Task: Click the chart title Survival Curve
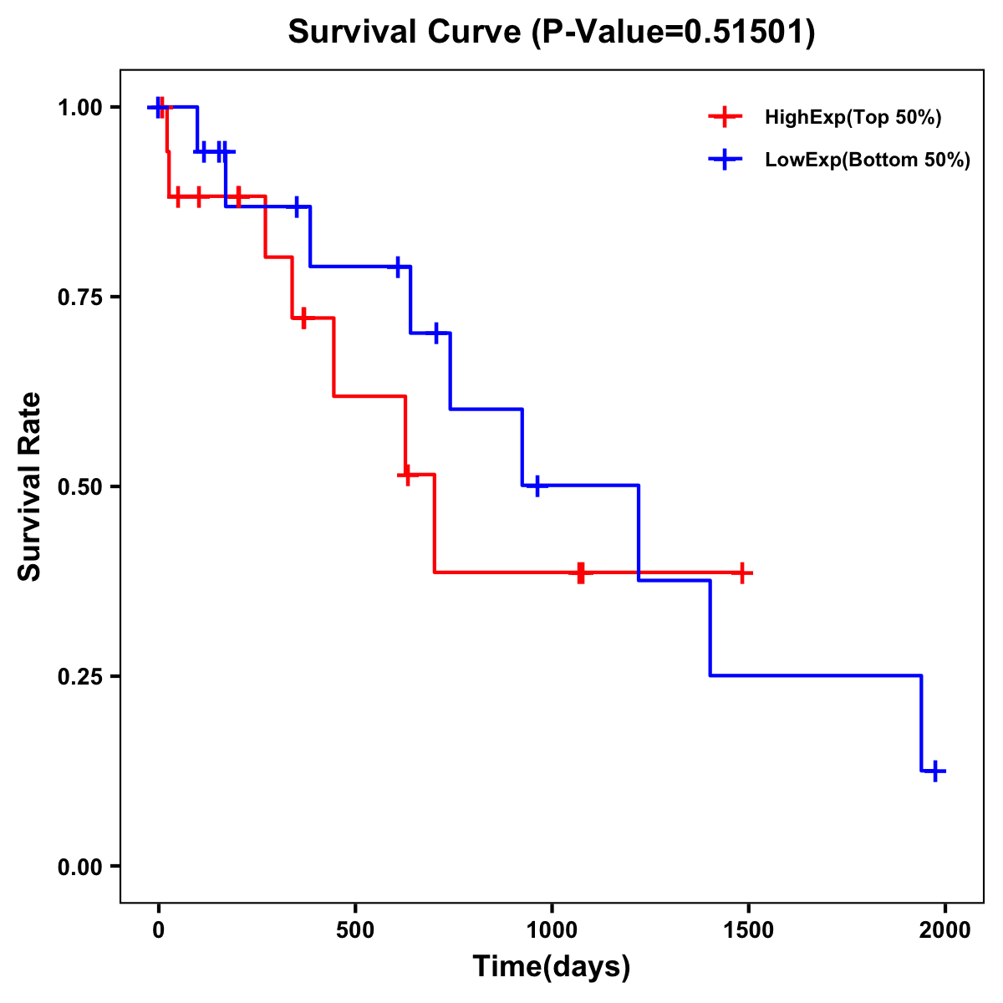click(x=405, y=33)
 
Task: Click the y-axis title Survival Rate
click(x=30, y=486)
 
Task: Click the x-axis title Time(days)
click(x=552, y=966)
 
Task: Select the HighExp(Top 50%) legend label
click(x=853, y=118)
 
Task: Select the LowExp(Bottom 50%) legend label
click(x=868, y=160)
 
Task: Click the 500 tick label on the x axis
click(x=355, y=930)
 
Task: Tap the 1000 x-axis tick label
click(x=552, y=930)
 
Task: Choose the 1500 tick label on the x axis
click(x=748, y=930)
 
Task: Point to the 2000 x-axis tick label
click(x=945, y=930)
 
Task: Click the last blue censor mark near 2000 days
click(x=936, y=771)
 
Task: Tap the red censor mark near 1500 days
click(x=742, y=573)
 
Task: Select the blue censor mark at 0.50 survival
click(x=537, y=486)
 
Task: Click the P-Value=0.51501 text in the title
click(x=674, y=33)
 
